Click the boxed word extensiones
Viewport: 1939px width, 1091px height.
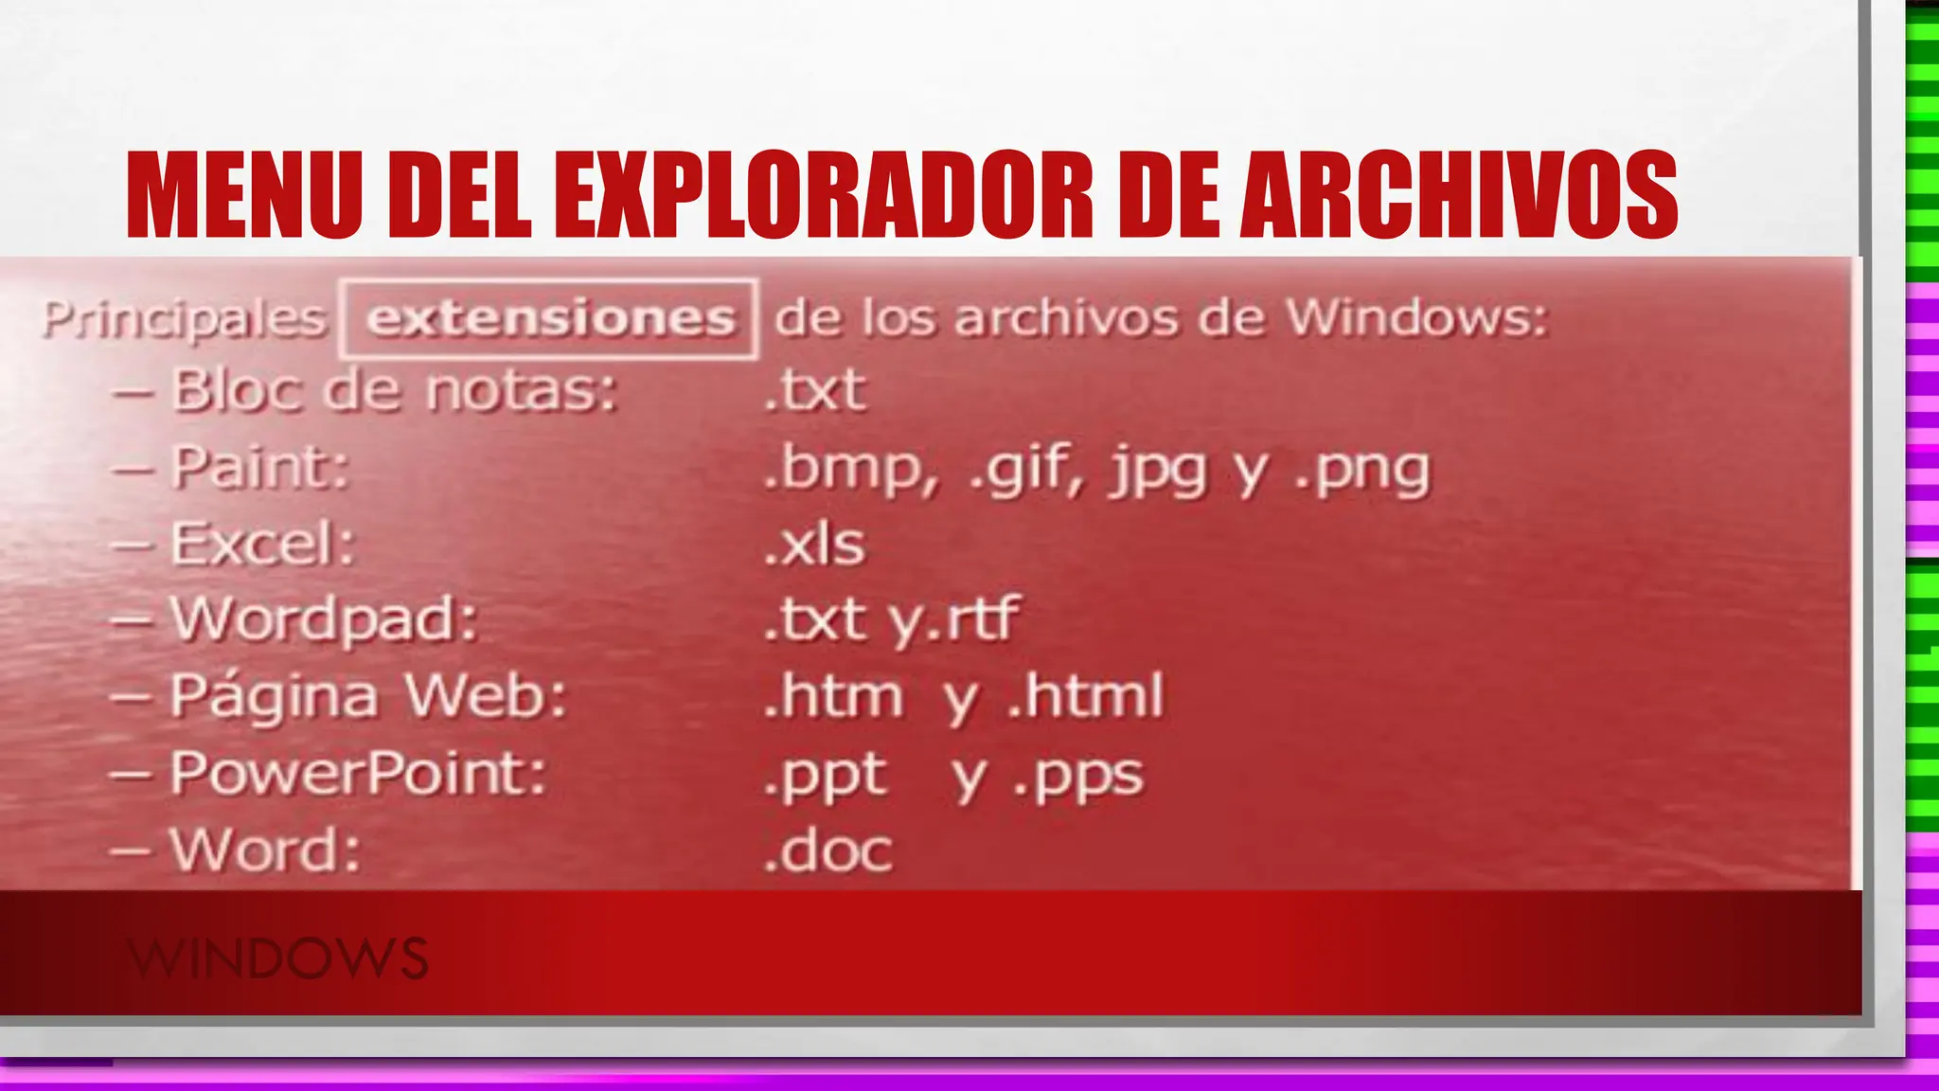click(550, 318)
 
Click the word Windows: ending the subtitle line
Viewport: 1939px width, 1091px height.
click(1416, 318)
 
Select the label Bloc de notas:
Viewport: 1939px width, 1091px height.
click(394, 390)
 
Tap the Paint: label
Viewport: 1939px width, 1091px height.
click(260, 467)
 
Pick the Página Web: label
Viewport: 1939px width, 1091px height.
click(368, 696)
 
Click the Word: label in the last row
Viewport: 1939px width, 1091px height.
click(265, 850)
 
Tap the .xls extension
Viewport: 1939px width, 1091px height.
click(814, 544)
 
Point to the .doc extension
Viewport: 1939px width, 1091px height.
click(827, 850)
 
